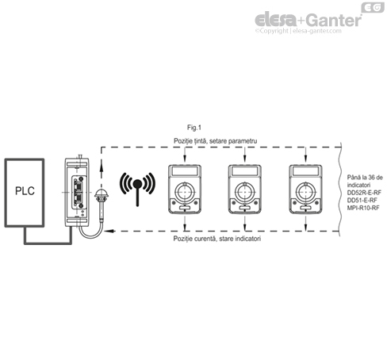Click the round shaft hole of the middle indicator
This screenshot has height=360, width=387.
(243, 192)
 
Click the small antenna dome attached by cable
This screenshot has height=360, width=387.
(100, 196)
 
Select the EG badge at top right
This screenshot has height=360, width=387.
(371, 7)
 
